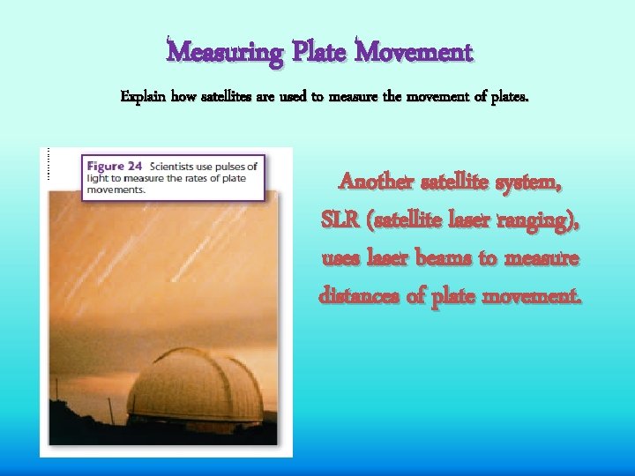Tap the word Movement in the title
point(415,53)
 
